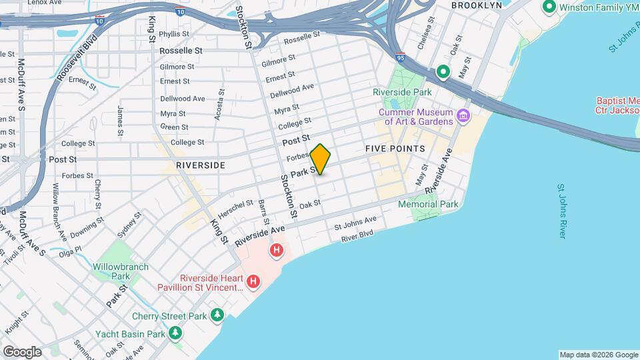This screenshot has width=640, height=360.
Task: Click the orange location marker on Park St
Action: (320, 159)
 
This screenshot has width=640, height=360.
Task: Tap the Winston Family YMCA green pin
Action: (550, 7)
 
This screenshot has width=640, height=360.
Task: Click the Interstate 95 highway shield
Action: (399, 57)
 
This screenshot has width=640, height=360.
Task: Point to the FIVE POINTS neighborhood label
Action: (395, 148)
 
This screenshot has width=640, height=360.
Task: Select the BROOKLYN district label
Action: (476, 5)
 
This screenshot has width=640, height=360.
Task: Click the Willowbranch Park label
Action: (111, 271)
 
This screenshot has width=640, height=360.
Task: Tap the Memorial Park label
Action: (429, 204)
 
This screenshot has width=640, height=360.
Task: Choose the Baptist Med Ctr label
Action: (618, 105)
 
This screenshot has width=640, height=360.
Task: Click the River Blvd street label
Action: (357, 235)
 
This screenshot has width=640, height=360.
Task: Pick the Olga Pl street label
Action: (69, 249)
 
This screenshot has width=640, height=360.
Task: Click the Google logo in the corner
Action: (22, 351)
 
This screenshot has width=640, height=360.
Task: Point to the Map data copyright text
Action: (597, 354)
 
